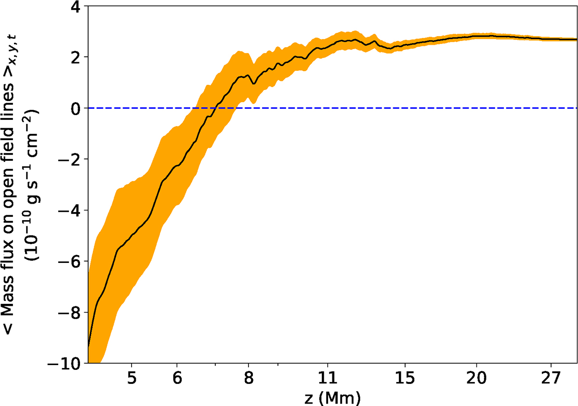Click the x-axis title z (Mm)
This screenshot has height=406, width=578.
tap(333, 397)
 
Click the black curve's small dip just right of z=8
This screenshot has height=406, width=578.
tap(254, 84)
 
